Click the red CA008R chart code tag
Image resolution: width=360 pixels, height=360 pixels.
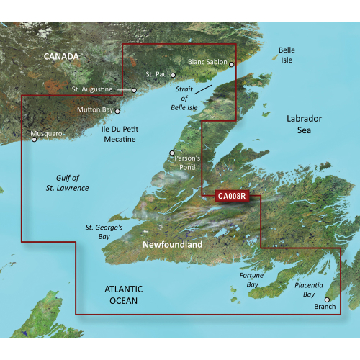(x=230, y=194)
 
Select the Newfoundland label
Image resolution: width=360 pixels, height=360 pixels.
(x=173, y=246)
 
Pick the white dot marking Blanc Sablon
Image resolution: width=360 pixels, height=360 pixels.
(x=232, y=63)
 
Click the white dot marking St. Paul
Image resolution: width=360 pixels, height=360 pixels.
(x=173, y=74)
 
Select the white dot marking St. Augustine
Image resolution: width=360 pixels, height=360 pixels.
(x=134, y=90)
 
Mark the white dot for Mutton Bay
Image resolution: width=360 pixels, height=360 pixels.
(x=117, y=112)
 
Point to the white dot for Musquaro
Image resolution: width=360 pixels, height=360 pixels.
(x=33, y=140)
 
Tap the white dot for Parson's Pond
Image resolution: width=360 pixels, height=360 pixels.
(x=171, y=153)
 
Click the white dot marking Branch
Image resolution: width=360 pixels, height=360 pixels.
(x=326, y=300)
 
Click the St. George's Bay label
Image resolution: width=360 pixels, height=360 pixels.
(x=105, y=232)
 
